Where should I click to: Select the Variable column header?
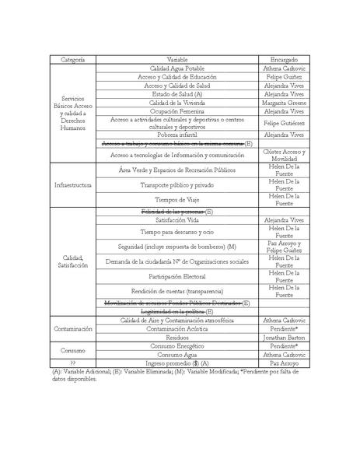click(x=177, y=60)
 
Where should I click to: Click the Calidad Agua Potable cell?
click(x=177, y=68)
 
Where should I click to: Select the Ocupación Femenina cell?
click(x=177, y=111)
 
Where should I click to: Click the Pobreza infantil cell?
click(x=177, y=135)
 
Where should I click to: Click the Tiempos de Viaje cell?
click(x=177, y=200)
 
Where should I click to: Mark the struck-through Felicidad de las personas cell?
click(x=177, y=212)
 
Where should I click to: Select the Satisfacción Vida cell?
click(x=177, y=220)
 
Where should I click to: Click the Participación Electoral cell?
click(x=177, y=275)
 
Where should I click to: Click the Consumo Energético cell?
click(x=177, y=347)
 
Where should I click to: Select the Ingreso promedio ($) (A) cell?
click(x=177, y=363)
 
